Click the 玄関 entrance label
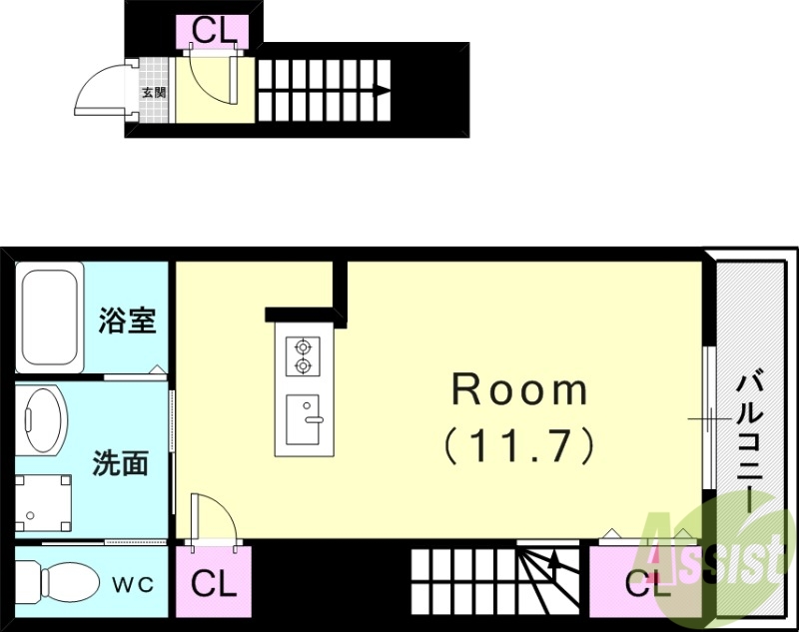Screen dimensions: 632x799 point(154,93)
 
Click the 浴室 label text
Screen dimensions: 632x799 point(126,321)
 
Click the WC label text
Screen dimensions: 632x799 point(132,584)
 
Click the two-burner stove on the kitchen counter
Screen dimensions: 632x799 point(302,356)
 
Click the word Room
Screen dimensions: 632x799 point(520,389)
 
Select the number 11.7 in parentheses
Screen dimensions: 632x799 point(519,443)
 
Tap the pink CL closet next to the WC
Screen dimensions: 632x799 point(214,583)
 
